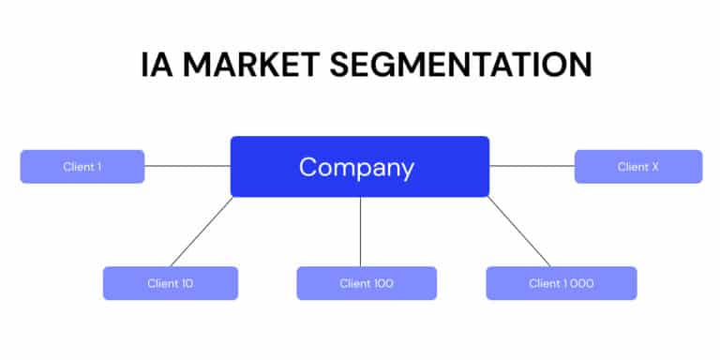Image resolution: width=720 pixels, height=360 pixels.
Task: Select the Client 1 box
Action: (82, 167)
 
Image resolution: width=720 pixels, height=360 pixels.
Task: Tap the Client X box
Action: (637, 167)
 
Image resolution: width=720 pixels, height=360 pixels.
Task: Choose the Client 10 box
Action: (170, 283)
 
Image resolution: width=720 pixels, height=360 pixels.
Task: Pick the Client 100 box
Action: (367, 283)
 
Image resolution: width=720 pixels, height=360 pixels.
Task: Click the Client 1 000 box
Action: (561, 283)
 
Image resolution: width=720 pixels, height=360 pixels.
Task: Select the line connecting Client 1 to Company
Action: (187, 166)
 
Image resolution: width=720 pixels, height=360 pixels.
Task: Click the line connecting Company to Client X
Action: (532, 166)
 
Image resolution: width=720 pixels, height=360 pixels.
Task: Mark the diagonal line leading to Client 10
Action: (202, 232)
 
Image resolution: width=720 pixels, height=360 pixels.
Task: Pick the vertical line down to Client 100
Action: (361, 232)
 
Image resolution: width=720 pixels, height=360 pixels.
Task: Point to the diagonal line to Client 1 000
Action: (518, 232)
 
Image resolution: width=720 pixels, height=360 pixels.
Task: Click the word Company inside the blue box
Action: (356, 168)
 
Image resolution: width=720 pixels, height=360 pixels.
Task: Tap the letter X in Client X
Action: (654, 167)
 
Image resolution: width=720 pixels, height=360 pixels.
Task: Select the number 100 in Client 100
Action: (383, 283)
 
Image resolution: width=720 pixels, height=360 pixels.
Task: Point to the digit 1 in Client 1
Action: (98, 167)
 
